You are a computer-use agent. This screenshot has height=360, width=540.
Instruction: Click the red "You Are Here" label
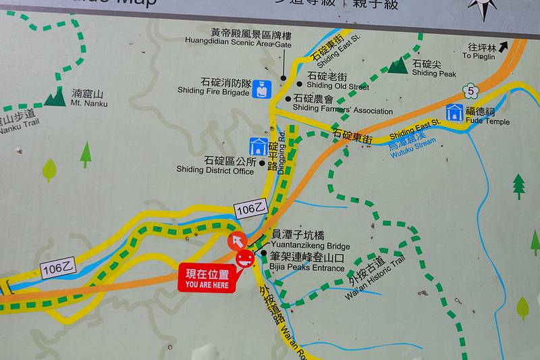click(207, 279)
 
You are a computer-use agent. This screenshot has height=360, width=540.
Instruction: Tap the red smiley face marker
click(245, 257)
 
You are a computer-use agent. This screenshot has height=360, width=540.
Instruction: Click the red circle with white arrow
click(238, 240)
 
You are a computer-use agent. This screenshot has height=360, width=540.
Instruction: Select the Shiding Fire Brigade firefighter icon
click(261, 89)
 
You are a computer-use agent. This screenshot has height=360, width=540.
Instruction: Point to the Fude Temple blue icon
click(455, 112)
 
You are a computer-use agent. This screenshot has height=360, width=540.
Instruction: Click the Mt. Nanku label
click(89, 98)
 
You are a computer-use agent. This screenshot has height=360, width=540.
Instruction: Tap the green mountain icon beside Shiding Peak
click(398, 65)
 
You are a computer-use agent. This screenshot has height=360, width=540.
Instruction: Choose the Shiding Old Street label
click(337, 81)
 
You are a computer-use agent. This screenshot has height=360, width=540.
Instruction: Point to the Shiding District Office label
click(215, 165)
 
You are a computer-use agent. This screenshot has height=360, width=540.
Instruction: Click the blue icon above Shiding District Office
click(258, 146)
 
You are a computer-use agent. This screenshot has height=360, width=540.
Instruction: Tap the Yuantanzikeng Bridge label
click(310, 240)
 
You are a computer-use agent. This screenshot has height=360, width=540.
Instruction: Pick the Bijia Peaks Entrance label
click(307, 262)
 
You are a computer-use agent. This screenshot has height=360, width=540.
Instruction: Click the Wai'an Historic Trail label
click(375, 276)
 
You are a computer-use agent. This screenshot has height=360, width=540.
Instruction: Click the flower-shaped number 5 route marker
click(470, 91)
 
